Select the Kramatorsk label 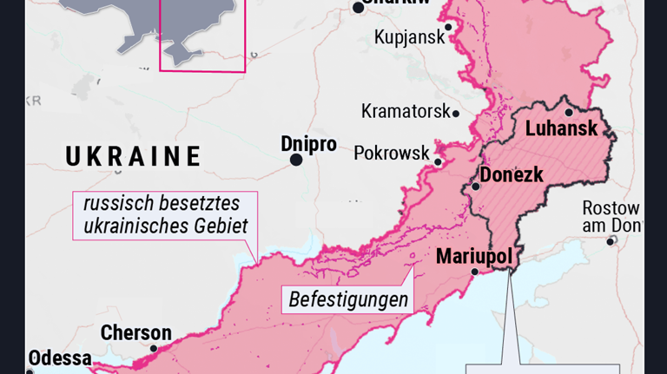coord(406,111)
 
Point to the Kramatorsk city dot coord(456,113)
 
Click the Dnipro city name coord(308,144)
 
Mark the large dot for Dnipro coord(296,160)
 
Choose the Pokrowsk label coord(392,153)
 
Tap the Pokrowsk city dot coord(439,162)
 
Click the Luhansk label coord(561,129)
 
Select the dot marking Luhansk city coord(569,112)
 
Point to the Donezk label coord(512,174)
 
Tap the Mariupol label coord(473,256)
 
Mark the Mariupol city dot coord(474,272)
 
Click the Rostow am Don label coord(611,217)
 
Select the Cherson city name coord(135,332)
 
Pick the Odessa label coord(59,358)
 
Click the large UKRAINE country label coord(134,156)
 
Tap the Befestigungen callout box coord(348,300)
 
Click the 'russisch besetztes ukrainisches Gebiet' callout coord(165,215)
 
